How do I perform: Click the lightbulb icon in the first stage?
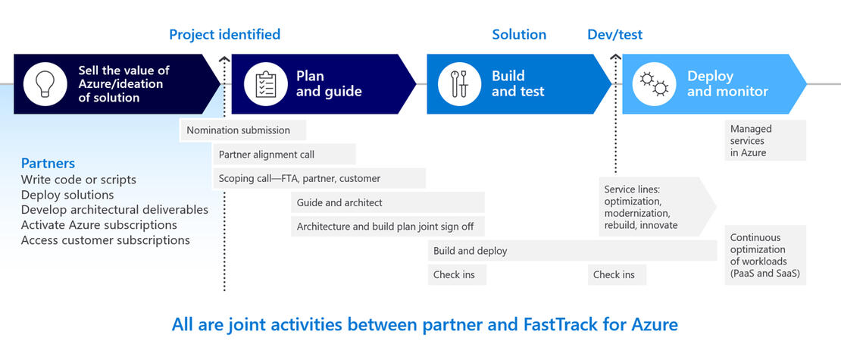click(46, 83)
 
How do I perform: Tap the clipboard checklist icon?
click(264, 83)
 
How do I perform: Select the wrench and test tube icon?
click(460, 83)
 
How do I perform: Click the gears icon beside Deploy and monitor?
click(654, 83)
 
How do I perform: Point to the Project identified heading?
click(224, 34)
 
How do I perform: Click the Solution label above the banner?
click(519, 34)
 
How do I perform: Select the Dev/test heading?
click(614, 34)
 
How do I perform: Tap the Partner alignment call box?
click(284, 155)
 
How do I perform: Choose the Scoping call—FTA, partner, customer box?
click(318, 179)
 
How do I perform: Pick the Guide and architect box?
click(387, 202)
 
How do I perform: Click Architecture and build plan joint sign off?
click(387, 227)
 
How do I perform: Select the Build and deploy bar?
click(572, 251)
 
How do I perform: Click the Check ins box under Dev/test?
click(617, 274)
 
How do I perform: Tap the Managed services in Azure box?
click(764, 141)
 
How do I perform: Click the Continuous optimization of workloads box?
click(764, 255)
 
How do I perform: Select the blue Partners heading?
click(48, 163)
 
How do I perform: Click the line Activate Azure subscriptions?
click(98, 225)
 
